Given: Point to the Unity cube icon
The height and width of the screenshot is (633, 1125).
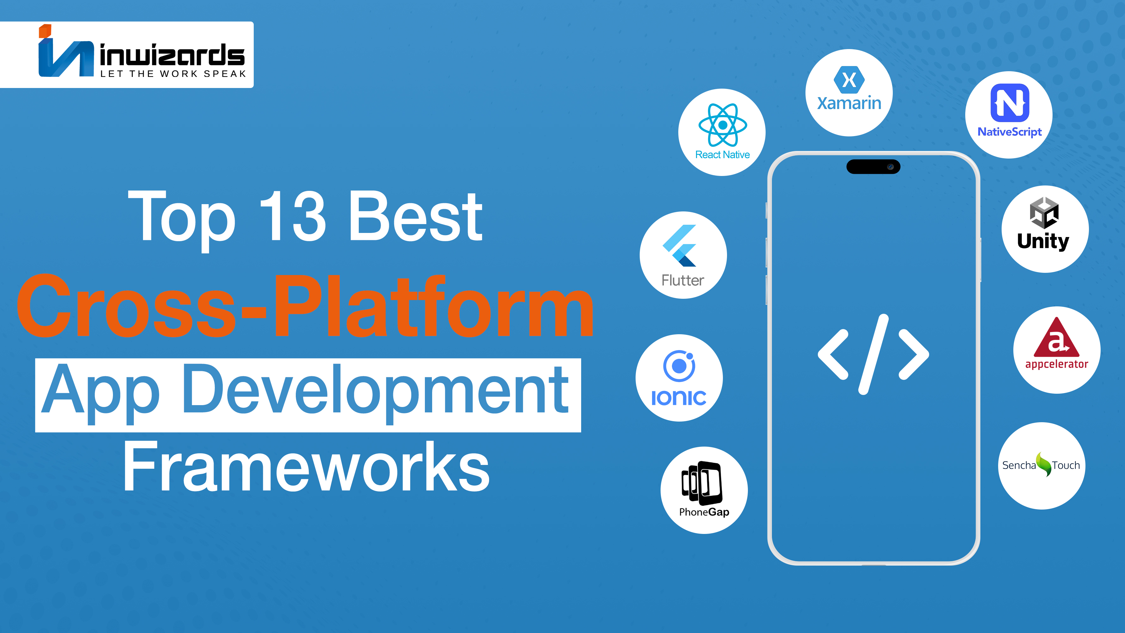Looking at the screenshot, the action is (x=1044, y=213).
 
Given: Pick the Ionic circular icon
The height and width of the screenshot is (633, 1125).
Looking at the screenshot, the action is (x=679, y=366).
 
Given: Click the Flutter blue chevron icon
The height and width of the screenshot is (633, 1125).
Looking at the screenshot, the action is (x=680, y=246).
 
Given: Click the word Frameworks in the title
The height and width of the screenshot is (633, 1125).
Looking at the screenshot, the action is (x=306, y=467).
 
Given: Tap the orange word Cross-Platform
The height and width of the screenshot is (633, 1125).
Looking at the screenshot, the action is (x=305, y=305).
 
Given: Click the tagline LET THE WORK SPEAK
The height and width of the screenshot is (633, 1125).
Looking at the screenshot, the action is (x=173, y=74).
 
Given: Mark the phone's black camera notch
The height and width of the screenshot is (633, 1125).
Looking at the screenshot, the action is (x=873, y=166).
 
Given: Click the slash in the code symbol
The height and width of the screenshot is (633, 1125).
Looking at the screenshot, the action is (x=873, y=354).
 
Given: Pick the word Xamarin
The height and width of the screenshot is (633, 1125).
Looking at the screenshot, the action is (x=849, y=103).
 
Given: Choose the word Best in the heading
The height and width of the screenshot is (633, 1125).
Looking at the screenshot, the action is (x=415, y=217).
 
